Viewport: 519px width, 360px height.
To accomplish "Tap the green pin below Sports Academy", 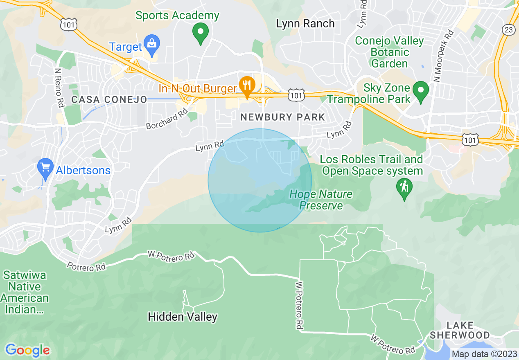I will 201,33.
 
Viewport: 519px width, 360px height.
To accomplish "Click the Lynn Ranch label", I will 305,23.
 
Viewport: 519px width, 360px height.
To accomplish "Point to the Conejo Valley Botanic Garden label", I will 389,52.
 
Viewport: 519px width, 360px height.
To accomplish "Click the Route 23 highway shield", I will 509,29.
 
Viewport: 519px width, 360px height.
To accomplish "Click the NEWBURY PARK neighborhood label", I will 282,117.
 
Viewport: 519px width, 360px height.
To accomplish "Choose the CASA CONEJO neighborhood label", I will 109,99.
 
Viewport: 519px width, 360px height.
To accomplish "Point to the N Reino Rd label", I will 59,87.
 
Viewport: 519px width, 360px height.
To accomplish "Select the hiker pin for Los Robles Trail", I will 404,188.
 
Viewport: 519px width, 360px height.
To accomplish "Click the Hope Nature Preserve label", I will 321,199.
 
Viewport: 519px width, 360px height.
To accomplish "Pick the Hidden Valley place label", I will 183,317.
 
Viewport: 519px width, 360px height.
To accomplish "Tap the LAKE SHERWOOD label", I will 460,331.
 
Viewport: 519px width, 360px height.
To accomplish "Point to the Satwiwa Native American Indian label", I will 25,292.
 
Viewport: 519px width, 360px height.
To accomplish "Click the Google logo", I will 27,350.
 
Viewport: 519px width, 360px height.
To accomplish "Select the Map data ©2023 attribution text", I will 483,354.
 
